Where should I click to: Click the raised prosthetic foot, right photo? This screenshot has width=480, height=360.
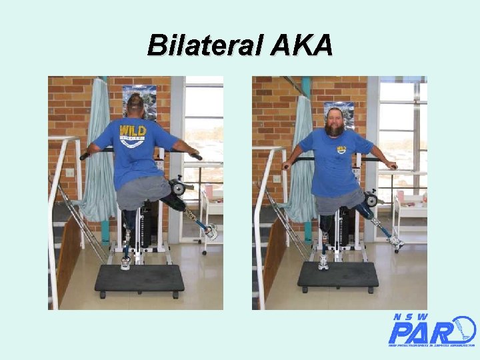pos(396,242)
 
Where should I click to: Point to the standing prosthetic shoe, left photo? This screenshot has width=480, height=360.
pos(125,263)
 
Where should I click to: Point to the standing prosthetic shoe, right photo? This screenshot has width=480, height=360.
pos(324,262)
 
